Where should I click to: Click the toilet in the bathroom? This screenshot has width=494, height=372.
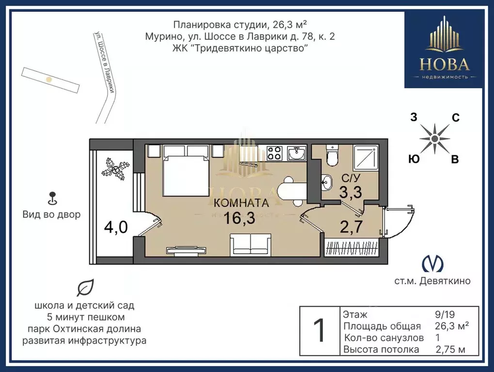point(332,155)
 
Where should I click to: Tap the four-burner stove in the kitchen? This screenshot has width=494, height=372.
point(274,153)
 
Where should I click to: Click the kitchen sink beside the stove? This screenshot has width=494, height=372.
point(297,153)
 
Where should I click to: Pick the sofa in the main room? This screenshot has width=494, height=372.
point(251,244)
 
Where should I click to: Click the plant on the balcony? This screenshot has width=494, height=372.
point(115,169)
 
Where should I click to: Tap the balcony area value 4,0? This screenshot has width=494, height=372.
point(116,227)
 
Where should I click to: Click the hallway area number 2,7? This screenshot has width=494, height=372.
point(351,226)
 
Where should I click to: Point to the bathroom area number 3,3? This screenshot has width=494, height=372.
point(351,192)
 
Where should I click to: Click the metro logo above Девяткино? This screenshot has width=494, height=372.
point(432,264)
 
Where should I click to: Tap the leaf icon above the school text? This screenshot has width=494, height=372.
point(86,288)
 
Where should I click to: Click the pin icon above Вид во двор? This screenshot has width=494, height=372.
point(53,198)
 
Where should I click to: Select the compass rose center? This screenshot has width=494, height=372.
point(435,138)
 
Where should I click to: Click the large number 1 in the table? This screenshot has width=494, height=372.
point(319,331)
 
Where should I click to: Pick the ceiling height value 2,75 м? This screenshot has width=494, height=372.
point(450,349)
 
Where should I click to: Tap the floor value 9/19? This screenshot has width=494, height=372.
point(445,314)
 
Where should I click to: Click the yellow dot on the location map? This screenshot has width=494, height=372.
point(49,80)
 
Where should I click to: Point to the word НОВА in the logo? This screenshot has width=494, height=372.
point(445,65)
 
